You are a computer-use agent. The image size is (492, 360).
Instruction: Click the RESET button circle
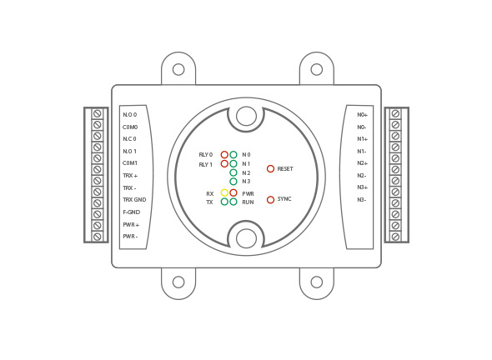270,168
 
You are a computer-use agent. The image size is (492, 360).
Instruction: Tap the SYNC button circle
270,199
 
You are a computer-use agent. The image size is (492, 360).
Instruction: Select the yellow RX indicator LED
224,192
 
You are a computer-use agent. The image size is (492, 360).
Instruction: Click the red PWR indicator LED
233,192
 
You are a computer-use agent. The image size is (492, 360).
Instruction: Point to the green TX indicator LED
224,202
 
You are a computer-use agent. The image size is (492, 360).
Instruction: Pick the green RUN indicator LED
233,202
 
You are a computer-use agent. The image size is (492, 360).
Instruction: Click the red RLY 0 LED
224,155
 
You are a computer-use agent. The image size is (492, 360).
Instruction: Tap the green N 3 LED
233,182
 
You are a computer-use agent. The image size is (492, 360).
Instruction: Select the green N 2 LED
233,172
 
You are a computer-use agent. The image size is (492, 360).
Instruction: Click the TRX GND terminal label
134,200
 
